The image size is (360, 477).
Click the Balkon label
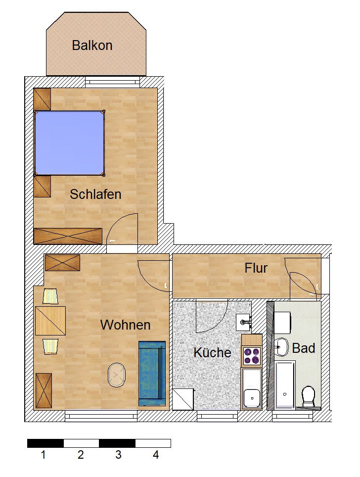tap(92, 46)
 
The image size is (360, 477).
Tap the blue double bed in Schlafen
tap(69, 143)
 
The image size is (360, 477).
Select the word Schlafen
tap(95, 194)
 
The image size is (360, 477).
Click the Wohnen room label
tap(125, 325)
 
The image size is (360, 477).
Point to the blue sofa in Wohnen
tap(151, 373)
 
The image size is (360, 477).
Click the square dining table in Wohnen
tap(50, 321)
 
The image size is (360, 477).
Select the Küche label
tap(212, 352)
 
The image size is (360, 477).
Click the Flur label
tap(256, 268)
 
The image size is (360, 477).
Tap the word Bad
tap(304, 348)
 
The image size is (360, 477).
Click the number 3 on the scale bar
tap(118, 455)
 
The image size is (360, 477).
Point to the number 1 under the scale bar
tap(44, 455)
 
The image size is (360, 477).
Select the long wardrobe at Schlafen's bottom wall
tap(68, 236)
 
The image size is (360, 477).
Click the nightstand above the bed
tap(42, 99)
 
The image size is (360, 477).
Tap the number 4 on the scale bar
tap(156, 455)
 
